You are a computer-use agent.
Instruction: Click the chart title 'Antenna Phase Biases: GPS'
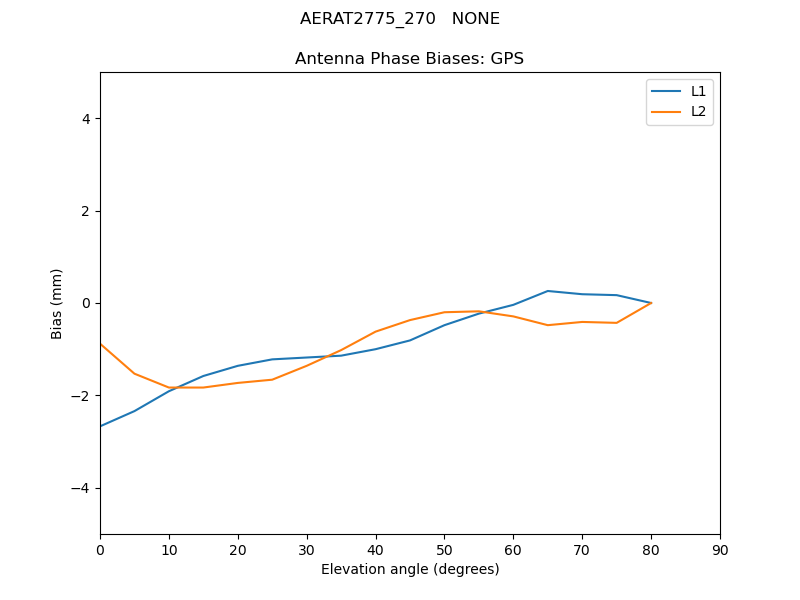pos(409,59)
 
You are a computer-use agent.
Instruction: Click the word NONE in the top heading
pos(476,19)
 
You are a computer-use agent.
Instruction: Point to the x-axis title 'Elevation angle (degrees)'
pos(409,569)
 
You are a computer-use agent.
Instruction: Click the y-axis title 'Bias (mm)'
pos(57,303)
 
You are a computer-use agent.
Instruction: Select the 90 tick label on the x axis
pos(720,550)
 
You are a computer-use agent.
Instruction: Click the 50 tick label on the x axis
pos(444,550)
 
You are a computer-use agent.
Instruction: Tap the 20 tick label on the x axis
pos(238,550)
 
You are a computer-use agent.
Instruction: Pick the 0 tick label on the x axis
pos(100,550)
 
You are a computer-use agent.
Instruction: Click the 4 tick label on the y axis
pos(86,119)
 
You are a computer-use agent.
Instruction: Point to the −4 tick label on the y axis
pos(82,488)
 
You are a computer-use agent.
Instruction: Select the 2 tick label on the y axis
pos(86,211)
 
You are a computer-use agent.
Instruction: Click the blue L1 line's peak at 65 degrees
pos(548,291)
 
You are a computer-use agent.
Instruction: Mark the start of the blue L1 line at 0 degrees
pos(100,426)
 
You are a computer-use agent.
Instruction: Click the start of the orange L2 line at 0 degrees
pos(100,344)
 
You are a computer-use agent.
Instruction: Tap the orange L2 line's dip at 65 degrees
pos(548,325)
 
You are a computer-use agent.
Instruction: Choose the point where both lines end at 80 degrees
pos(651,303)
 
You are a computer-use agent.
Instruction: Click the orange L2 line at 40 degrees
pos(376,331)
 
